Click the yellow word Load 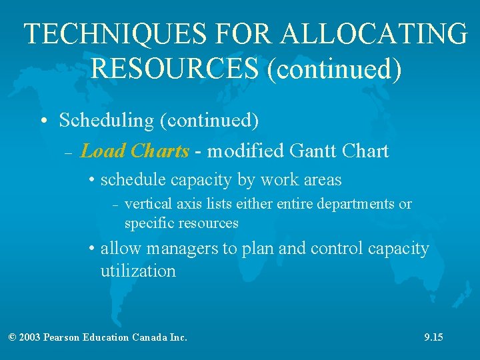103,151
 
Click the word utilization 138,271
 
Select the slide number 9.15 433,337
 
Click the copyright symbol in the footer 12,337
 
